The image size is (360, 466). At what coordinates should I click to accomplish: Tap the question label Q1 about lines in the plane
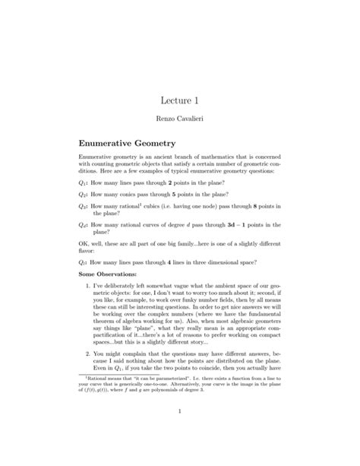click(x=84, y=184)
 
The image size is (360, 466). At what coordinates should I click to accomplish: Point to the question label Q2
click(x=84, y=196)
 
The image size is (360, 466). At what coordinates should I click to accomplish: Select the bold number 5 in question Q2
click(x=194, y=196)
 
